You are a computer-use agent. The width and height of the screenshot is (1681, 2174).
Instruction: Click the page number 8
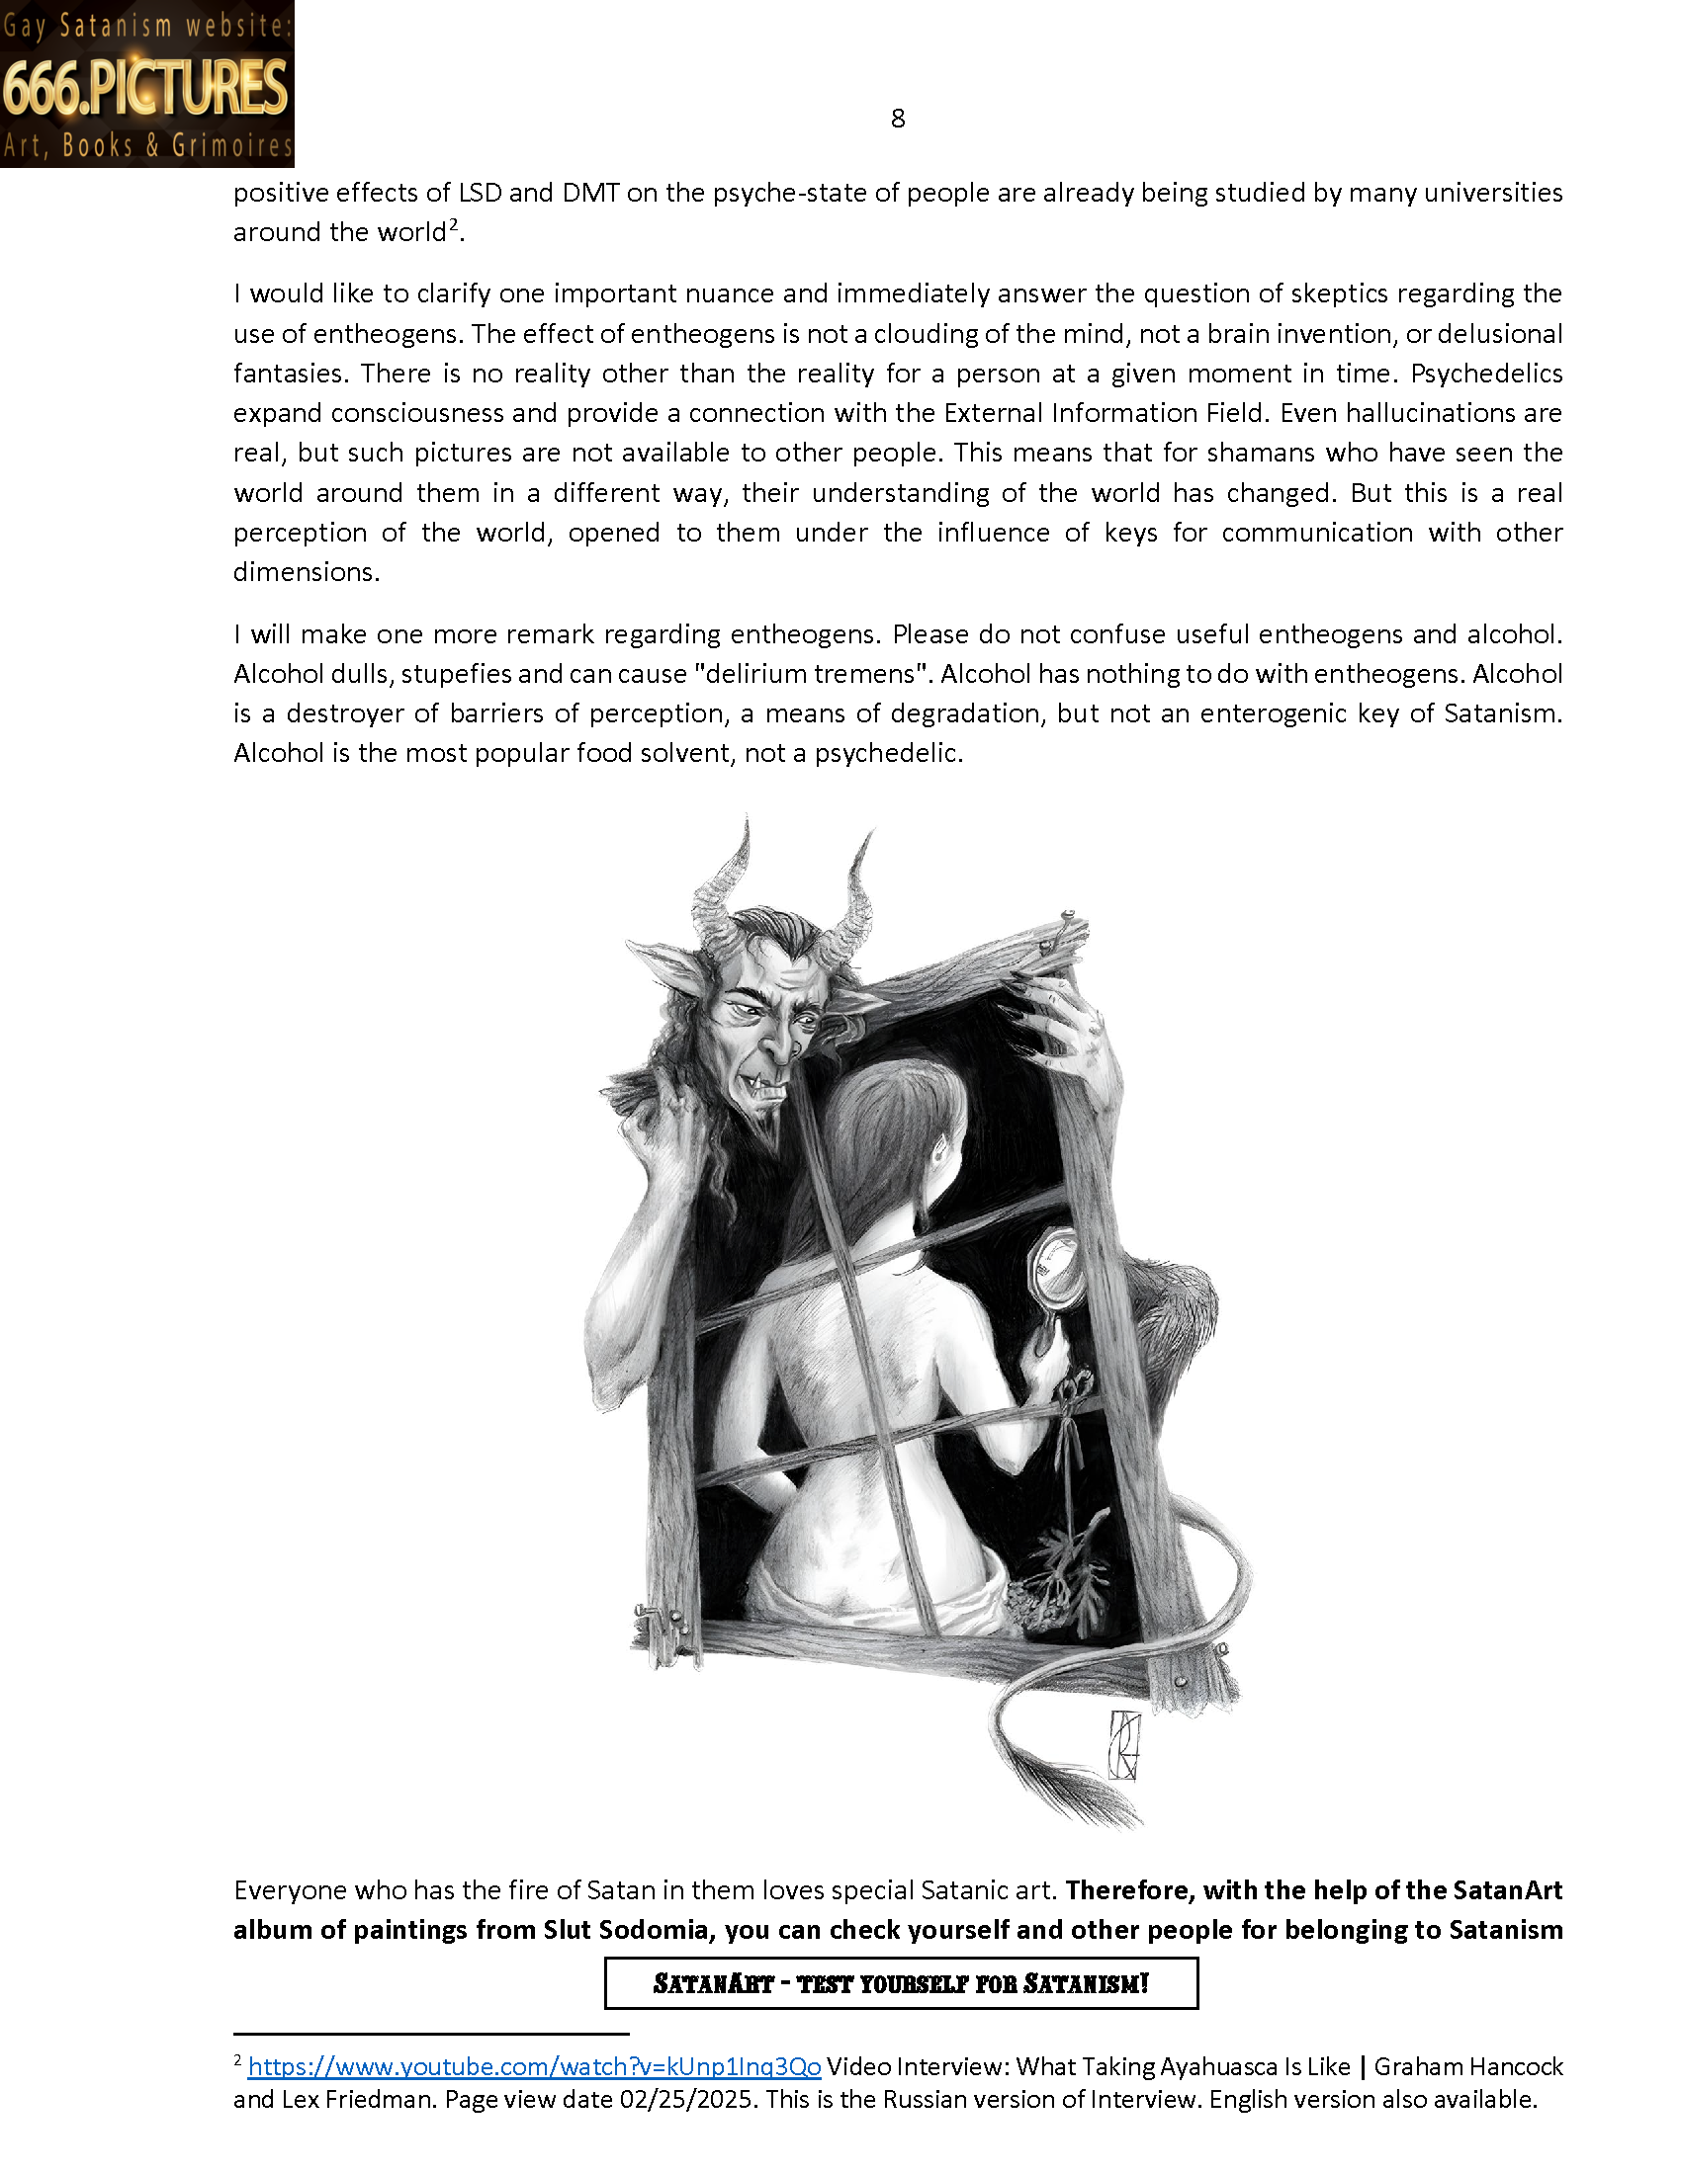point(897,120)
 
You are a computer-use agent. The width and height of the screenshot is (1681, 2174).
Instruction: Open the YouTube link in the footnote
point(534,2066)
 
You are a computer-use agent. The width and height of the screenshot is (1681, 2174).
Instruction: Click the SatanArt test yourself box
point(900,1984)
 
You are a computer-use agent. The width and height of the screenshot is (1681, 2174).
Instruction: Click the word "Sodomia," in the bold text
point(654,1930)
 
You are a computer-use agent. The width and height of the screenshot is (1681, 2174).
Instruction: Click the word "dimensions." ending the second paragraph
point(307,572)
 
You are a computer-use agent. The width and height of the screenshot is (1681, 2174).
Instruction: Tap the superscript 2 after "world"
point(453,226)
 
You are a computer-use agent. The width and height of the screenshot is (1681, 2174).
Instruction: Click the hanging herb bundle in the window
point(1066,1552)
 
